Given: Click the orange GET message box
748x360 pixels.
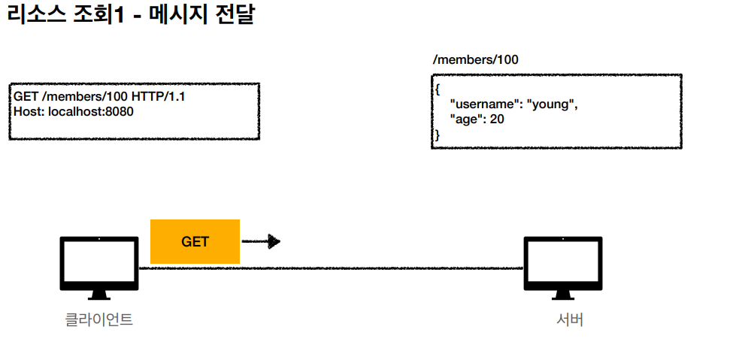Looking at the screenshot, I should pyautogui.click(x=195, y=241).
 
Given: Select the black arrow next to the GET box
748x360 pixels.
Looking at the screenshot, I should pyautogui.click(x=261, y=242).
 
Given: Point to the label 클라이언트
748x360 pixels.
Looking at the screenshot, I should pyautogui.click(x=98, y=319).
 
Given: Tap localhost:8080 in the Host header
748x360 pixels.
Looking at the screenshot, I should pyautogui.click(x=90, y=111).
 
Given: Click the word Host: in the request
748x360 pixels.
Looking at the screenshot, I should pyautogui.click(x=29, y=111).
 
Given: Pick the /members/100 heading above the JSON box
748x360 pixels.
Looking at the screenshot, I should pyautogui.click(x=475, y=60).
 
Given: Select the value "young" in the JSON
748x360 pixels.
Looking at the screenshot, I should pyautogui.click(x=553, y=104).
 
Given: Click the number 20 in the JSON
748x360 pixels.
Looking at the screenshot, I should pyautogui.click(x=497, y=119).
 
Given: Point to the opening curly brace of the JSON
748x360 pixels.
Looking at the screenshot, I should pyautogui.click(x=438, y=89).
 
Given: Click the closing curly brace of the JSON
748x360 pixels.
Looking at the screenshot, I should pyautogui.click(x=438, y=135).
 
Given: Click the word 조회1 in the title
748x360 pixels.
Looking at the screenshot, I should pyautogui.click(x=101, y=16).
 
